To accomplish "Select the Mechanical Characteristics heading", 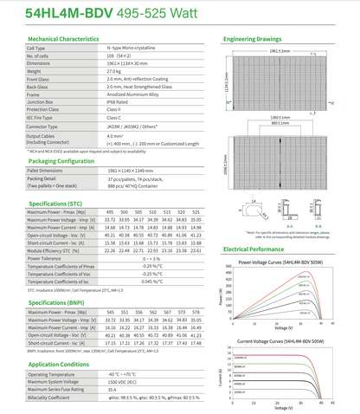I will tap(72, 41).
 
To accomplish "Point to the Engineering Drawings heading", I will tap(259, 41).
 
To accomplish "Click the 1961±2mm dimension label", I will tap(280, 52).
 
